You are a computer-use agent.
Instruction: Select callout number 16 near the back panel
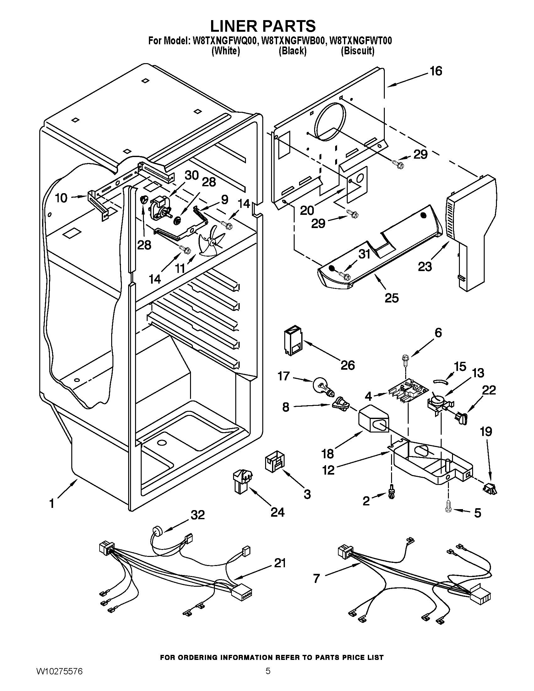(436, 71)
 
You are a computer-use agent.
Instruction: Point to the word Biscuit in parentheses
(357, 51)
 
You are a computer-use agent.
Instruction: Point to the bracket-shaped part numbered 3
(274, 462)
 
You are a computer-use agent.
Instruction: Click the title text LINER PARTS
(263, 26)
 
